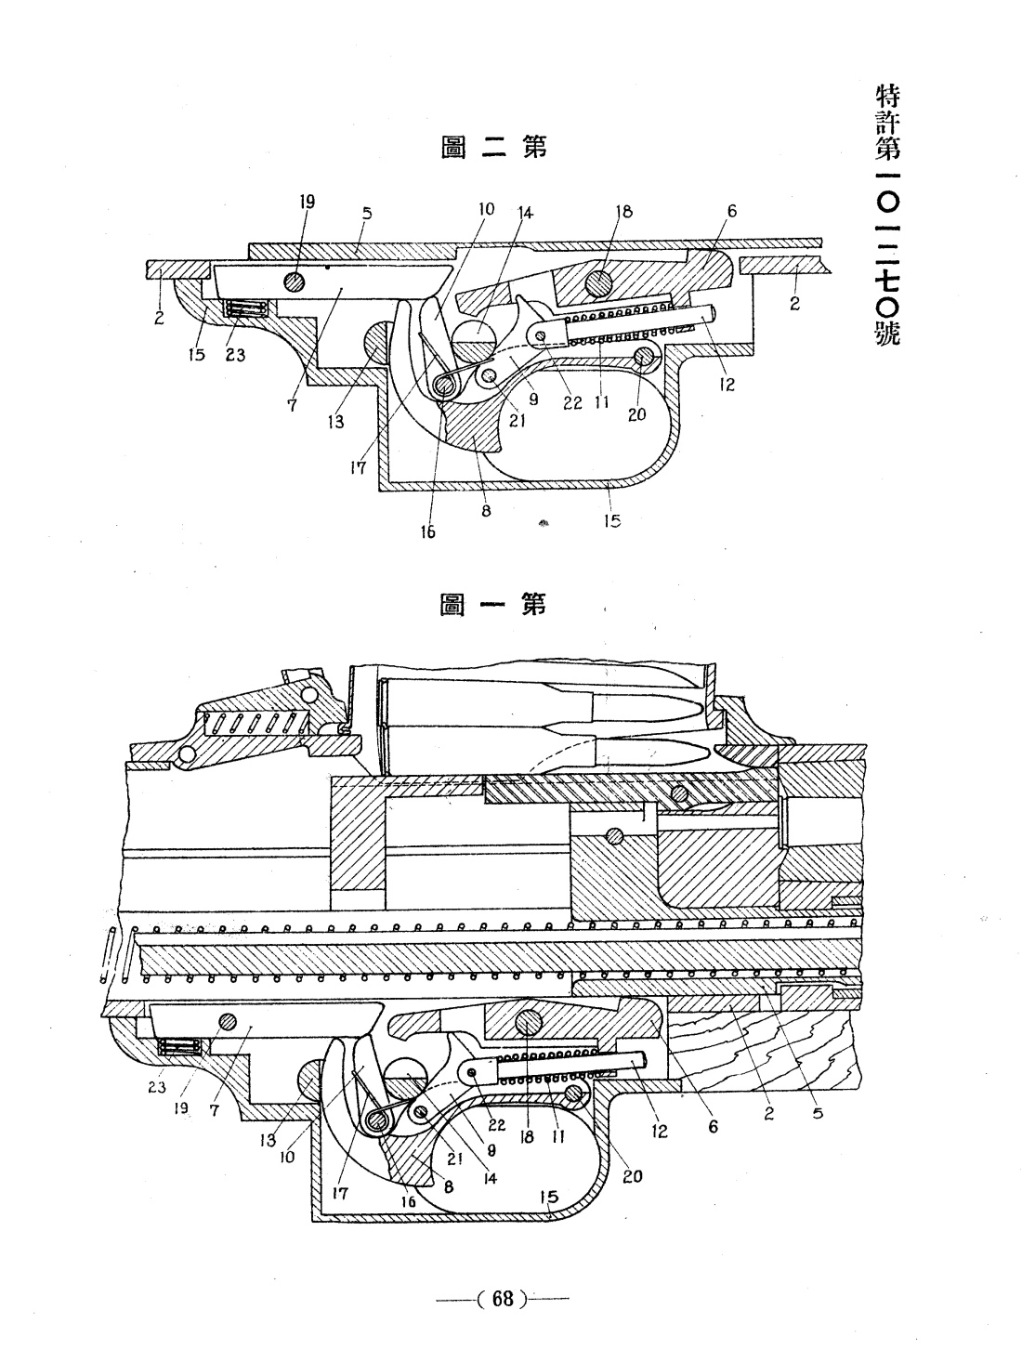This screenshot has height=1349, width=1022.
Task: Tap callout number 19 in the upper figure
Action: coord(308,202)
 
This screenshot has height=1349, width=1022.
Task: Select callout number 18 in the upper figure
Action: coord(623,212)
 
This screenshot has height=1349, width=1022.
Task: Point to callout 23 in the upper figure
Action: coord(235,355)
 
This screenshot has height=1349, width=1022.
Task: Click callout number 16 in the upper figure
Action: coord(427,531)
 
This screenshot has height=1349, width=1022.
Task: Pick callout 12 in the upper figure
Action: coord(727,385)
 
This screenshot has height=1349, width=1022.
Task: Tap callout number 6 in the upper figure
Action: coord(731,211)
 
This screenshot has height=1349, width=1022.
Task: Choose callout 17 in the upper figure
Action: coord(358,467)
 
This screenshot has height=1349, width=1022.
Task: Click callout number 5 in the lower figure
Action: coord(818,1112)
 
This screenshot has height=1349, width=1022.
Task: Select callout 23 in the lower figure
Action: coord(157,1087)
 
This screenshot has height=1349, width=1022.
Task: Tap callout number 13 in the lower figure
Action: coord(268,1140)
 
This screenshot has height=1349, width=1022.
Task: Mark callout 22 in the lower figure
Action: coord(496,1124)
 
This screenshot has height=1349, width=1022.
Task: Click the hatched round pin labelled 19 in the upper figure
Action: coord(295,281)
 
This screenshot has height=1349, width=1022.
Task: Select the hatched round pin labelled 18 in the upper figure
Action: coord(598,284)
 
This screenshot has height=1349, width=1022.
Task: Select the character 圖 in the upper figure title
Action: coord(454,147)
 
